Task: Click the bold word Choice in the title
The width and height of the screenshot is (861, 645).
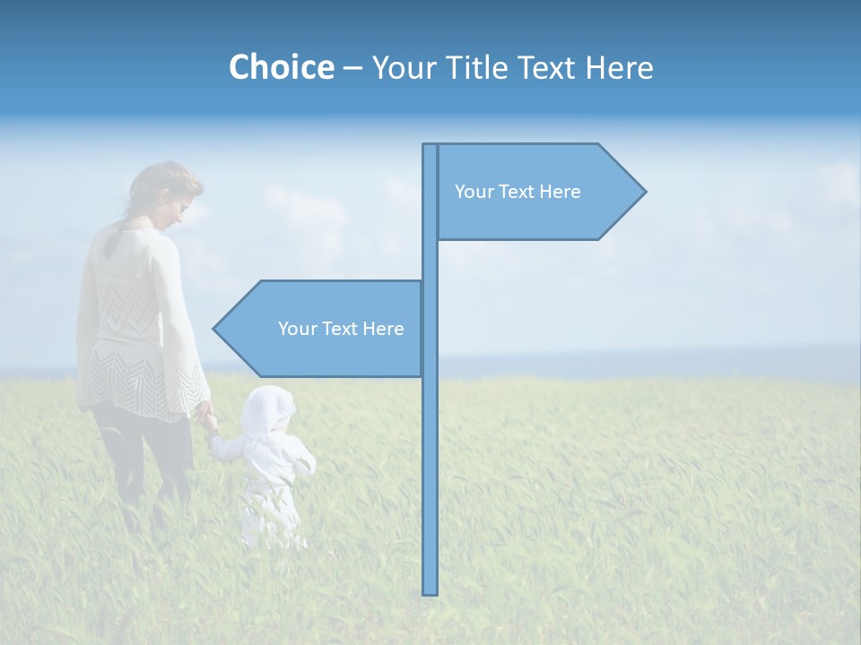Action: pos(281,67)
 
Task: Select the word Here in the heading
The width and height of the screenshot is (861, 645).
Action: pos(619,67)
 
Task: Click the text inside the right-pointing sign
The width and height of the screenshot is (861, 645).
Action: pos(517,192)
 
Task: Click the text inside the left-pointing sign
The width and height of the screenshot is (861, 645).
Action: pos(341,329)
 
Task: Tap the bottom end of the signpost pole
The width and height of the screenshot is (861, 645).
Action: pos(430,591)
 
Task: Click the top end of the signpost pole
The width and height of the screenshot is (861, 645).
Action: pos(430,146)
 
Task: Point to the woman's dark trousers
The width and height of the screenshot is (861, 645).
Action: pos(143,457)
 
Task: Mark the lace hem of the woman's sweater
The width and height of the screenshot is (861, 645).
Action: pos(143,390)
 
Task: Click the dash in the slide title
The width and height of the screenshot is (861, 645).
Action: pos(352,68)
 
